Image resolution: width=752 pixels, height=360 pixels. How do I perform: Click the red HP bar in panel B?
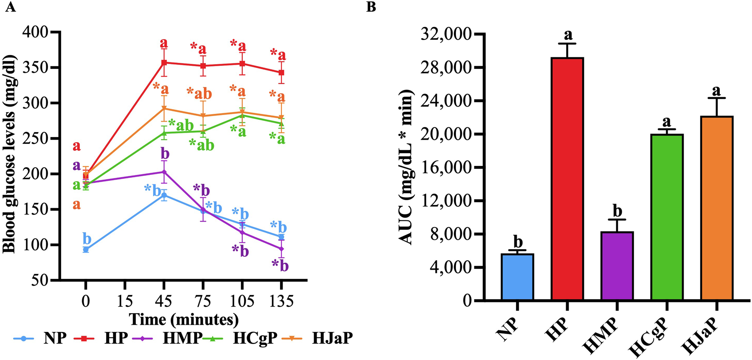coord(567,178)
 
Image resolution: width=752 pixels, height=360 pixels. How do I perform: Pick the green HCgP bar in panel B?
coord(667,217)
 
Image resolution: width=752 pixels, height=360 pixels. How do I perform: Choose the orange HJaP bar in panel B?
coord(717,208)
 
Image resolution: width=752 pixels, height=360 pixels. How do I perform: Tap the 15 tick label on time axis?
coord(125,301)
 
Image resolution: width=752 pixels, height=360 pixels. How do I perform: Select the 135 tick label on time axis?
coord(281,301)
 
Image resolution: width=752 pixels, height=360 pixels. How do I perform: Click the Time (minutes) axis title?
coord(184,319)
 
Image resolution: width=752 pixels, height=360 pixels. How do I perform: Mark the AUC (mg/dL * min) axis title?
coord(407,168)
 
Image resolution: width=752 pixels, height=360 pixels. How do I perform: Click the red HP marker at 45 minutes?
coord(164,62)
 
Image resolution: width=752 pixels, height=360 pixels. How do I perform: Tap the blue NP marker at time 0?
coord(86,250)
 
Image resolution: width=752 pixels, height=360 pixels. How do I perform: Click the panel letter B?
coord(371,7)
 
